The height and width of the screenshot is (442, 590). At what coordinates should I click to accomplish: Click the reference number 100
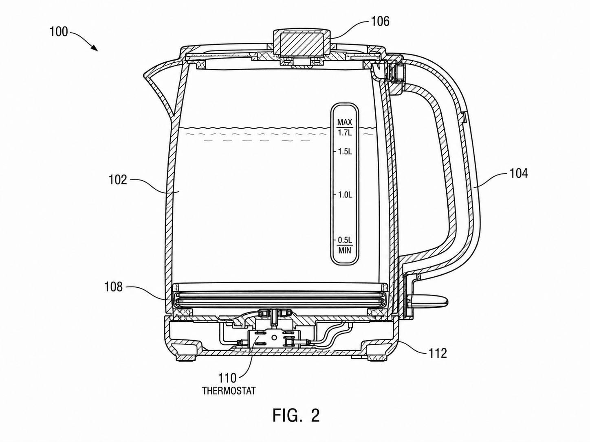pos(59,32)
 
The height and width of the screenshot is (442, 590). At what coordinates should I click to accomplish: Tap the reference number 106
pos(380,21)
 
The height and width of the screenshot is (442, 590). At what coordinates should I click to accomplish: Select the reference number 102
pos(118,179)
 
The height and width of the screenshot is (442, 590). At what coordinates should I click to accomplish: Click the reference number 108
pos(113,287)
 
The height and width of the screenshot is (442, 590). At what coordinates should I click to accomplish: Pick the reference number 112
pos(438,353)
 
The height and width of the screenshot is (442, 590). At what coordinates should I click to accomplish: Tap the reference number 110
pos(227,378)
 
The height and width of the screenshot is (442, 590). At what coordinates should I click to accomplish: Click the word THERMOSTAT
pos(229,391)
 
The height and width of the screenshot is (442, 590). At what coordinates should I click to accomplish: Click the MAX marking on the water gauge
pos(345,123)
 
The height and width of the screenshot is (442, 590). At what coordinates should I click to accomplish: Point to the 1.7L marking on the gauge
pos(345,133)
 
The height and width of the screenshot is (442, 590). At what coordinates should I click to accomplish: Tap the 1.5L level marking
pos(345,152)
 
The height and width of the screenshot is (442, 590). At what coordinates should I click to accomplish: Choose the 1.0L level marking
pos(345,195)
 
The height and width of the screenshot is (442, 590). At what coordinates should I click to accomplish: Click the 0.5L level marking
pos(345,240)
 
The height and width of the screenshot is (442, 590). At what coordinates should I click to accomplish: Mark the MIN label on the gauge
pos(345,251)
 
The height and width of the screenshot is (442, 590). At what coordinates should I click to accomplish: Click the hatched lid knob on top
pos(302,43)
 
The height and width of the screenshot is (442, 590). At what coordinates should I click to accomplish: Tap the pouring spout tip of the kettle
pos(145,75)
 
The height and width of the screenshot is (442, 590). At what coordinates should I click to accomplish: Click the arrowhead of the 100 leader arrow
pos(95,48)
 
